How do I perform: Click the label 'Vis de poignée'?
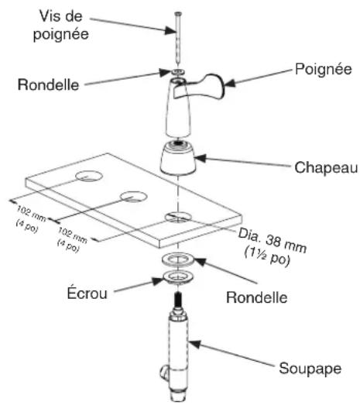click(61, 26)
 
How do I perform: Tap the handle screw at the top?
click(178, 39)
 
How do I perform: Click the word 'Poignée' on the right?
click(324, 69)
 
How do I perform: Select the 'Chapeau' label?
click(326, 168)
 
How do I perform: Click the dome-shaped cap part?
click(177, 157)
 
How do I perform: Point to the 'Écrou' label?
click(87, 293)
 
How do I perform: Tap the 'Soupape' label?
click(310, 369)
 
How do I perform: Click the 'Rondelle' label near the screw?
click(48, 84)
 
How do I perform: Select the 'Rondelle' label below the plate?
click(257, 297)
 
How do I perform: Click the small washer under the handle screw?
click(177, 71)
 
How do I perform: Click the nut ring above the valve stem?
click(178, 277)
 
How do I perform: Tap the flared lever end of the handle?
click(217, 86)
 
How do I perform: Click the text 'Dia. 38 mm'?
click(273, 240)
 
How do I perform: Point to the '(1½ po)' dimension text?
click(267, 256)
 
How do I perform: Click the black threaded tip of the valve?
click(177, 299)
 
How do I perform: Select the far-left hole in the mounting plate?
click(89, 176)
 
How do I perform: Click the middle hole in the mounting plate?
click(134, 197)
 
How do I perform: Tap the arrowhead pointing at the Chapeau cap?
click(201, 158)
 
